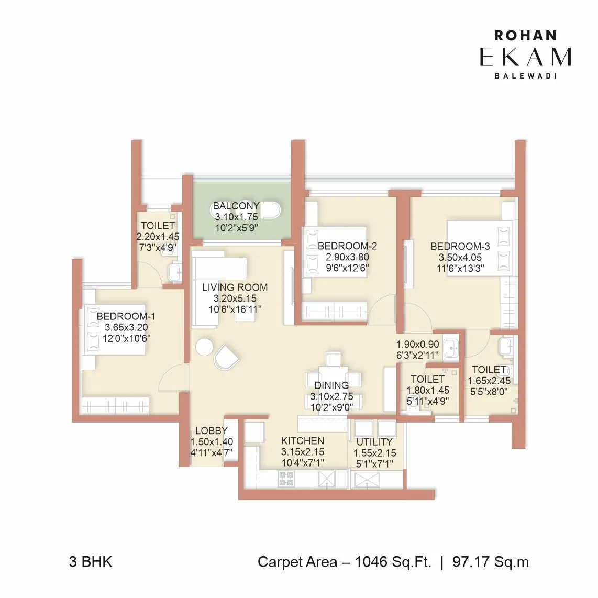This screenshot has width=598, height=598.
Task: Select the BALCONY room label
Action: [x=236, y=206]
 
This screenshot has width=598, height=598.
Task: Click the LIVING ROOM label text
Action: [x=235, y=287]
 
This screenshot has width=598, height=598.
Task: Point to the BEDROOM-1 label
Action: [x=126, y=316]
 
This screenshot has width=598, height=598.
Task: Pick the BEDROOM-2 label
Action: [x=347, y=246]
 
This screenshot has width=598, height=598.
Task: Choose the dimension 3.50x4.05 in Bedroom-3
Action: [x=460, y=258]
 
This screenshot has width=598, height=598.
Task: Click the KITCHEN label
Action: [x=302, y=440]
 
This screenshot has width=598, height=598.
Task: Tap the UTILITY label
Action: [x=374, y=442]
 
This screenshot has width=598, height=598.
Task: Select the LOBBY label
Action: [x=211, y=431]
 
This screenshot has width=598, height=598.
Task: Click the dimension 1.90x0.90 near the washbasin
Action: [x=417, y=345]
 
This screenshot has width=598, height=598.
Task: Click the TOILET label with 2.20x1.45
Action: [x=158, y=226]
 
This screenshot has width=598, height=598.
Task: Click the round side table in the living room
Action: [x=204, y=347]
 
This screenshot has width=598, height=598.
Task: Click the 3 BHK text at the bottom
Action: [x=90, y=562]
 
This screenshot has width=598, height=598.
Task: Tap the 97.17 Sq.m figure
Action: [x=491, y=562]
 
